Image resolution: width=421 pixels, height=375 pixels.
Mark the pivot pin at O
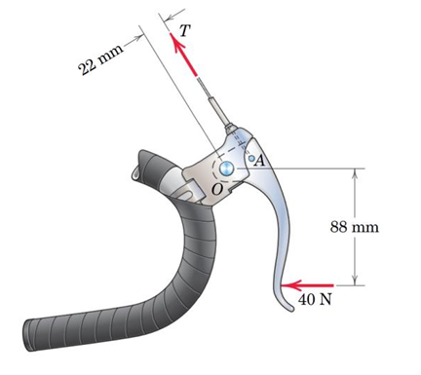click(228, 169)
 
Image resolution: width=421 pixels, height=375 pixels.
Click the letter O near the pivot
click(216, 187)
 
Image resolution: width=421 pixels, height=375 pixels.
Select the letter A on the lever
click(260, 162)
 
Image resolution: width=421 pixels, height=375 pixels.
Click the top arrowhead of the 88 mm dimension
click(356, 173)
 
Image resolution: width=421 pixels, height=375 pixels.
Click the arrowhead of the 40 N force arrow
click(286, 285)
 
